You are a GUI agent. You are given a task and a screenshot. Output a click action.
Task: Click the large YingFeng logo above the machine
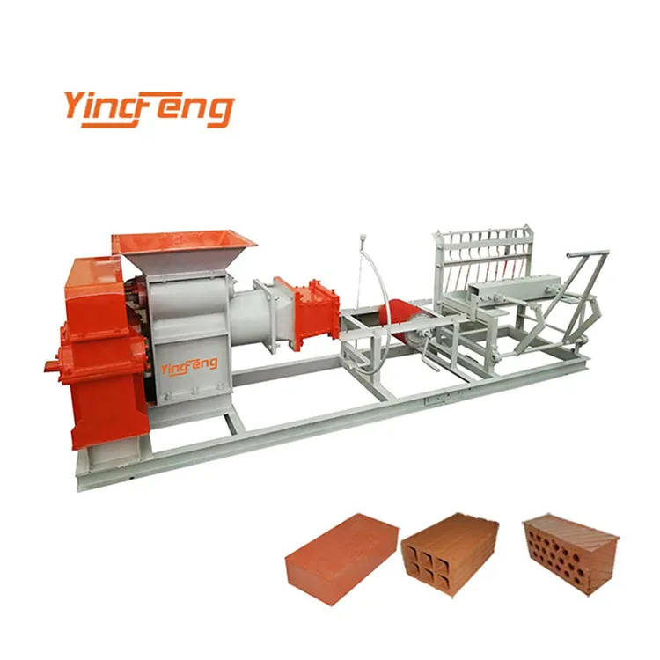148,107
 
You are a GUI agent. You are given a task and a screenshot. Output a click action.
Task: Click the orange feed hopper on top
185,242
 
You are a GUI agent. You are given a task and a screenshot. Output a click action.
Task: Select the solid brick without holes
341,556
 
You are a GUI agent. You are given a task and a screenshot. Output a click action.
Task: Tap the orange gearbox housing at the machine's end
97,352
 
